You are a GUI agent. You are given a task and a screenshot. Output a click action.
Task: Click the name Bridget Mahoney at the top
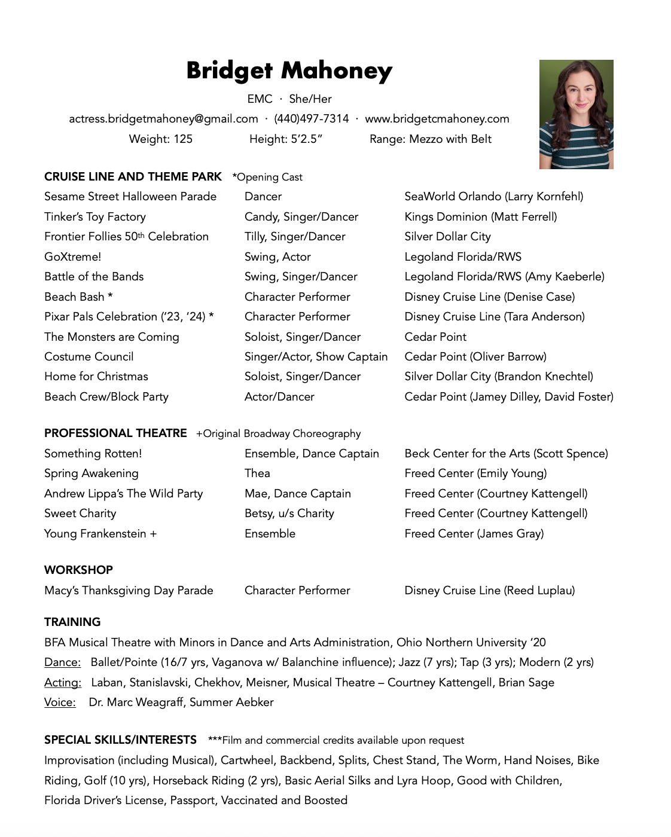tap(289, 71)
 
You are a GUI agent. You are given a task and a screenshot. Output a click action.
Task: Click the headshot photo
tap(576, 114)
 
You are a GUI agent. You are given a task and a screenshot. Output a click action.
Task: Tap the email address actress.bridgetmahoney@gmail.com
tap(163, 119)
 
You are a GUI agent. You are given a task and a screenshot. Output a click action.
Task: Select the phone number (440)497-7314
tap(311, 119)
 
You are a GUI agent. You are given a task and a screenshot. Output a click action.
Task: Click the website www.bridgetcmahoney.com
tap(437, 119)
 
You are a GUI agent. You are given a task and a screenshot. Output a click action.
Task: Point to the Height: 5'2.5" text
tap(286, 139)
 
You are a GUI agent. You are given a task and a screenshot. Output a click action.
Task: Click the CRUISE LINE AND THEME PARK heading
tap(133, 177)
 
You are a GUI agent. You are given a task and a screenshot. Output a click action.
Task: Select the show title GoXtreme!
tap(73, 257)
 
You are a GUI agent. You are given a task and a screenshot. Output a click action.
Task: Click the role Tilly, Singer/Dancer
tap(295, 237)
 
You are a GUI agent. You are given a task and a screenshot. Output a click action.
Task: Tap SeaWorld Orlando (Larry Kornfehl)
tap(493, 197)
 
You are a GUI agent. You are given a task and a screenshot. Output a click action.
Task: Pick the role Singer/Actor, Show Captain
tap(316, 357)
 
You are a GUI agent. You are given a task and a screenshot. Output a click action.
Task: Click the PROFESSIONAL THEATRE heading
tap(115, 433)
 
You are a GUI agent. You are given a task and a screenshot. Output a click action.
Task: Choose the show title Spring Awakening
tap(91, 474)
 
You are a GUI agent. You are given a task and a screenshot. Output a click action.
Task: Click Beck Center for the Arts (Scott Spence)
tap(506, 454)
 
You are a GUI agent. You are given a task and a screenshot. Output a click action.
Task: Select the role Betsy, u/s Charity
tap(289, 514)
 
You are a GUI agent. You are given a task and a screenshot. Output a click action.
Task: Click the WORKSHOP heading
tap(78, 570)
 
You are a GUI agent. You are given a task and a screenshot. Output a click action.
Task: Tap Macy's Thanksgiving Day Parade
tap(129, 591)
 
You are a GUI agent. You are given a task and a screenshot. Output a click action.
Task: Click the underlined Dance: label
tap(62, 662)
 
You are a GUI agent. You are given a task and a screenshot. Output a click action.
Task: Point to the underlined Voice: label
tap(60, 702)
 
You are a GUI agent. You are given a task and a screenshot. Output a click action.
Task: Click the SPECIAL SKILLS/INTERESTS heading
tap(120, 740)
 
